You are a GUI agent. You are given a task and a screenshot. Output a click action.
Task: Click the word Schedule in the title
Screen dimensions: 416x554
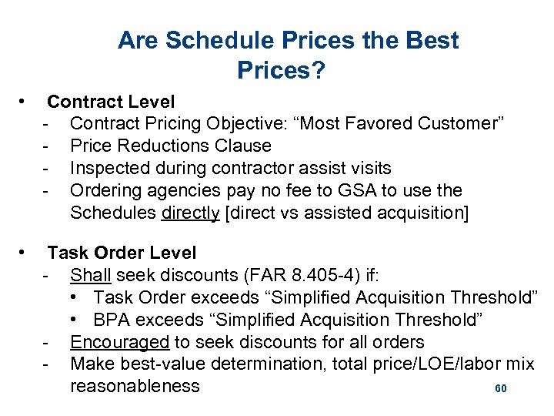[x=212, y=41]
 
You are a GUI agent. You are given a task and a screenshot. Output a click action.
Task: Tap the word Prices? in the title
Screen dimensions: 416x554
[x=281, y=71]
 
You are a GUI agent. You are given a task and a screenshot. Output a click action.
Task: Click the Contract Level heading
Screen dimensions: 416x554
[x=111, y=102]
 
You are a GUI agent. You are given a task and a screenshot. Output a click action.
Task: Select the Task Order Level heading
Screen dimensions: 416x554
[x=122, y=253]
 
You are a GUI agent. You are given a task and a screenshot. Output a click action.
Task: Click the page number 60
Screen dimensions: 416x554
[x=500, y=389]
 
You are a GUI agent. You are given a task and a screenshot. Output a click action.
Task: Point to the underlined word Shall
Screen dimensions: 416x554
[x=89, y=275]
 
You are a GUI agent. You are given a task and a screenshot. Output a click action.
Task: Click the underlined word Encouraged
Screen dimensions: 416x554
[x=119, y=342]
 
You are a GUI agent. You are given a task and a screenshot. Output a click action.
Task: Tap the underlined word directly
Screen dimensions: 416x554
[x=191, y=213]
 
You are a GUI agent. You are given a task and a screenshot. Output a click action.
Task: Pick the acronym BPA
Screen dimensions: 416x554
[x=113, y=320]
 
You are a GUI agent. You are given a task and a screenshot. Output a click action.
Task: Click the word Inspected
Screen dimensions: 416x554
[x=108, y=168]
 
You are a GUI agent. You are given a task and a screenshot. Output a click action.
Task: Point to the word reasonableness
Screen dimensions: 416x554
[x=135, y=387]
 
